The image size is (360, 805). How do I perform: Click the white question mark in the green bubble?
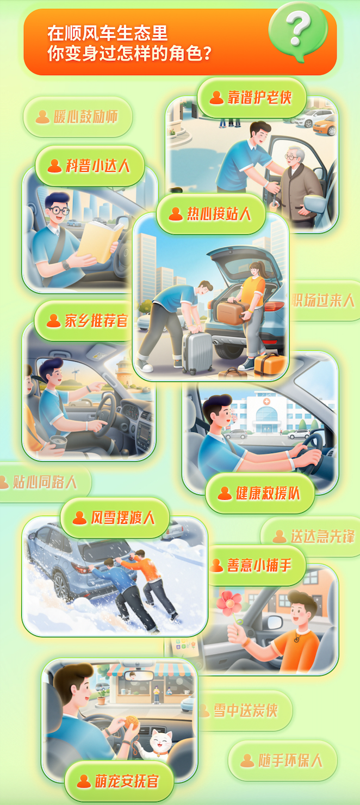[x=298, y=28]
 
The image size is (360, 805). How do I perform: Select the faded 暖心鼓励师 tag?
[x=78, y=117]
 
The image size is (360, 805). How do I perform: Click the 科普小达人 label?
[x=90, y=166]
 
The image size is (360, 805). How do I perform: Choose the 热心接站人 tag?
[x=211, y=214]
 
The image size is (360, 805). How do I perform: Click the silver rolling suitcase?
[x=197, y=352]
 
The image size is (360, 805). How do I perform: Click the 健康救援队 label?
[x=260, y=493]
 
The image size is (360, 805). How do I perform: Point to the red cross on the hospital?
[x=266, y=401]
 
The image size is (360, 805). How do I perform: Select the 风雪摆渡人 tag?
[x=115, y=518]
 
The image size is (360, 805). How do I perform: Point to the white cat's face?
[x=159, y=741]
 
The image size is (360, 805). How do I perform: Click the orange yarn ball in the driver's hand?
[x=131, y=722]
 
